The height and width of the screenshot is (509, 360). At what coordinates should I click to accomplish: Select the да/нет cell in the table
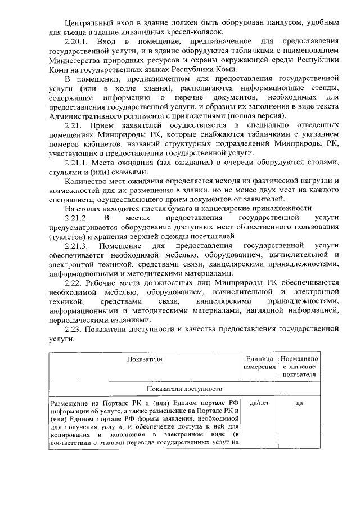click(259, 403)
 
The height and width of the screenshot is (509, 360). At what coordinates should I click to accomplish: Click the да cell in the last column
click(299, 403)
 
